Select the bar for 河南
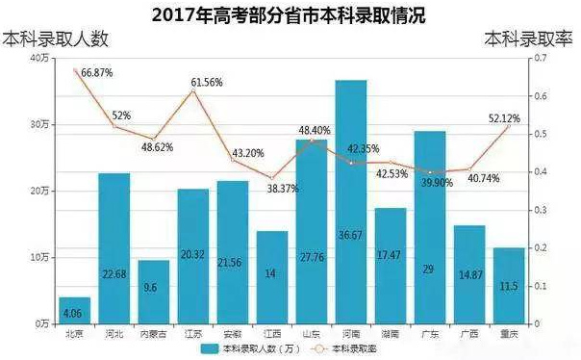point(351,202)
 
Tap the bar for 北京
point(74,310)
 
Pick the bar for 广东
point(430,227)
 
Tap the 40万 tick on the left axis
point(40,59)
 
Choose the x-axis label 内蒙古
point(154,333)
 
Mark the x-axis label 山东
point(312,333)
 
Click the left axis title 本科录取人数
point(57,39)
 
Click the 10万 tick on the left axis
point(40,258)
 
